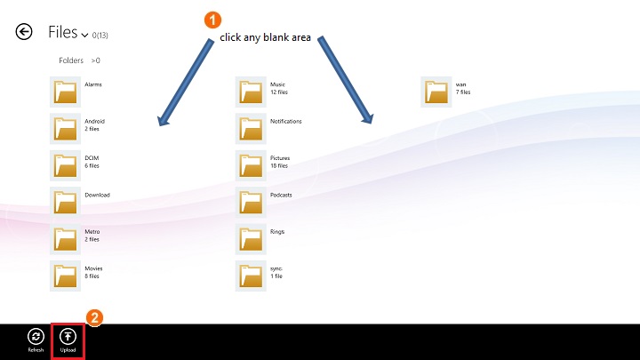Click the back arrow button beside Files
point(24,32)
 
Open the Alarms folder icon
point(66,92)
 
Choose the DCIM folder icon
point(66,165)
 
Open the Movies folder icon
point(66,276)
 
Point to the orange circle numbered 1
point(212,19)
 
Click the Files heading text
point(63,33)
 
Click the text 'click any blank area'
point(265,37)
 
